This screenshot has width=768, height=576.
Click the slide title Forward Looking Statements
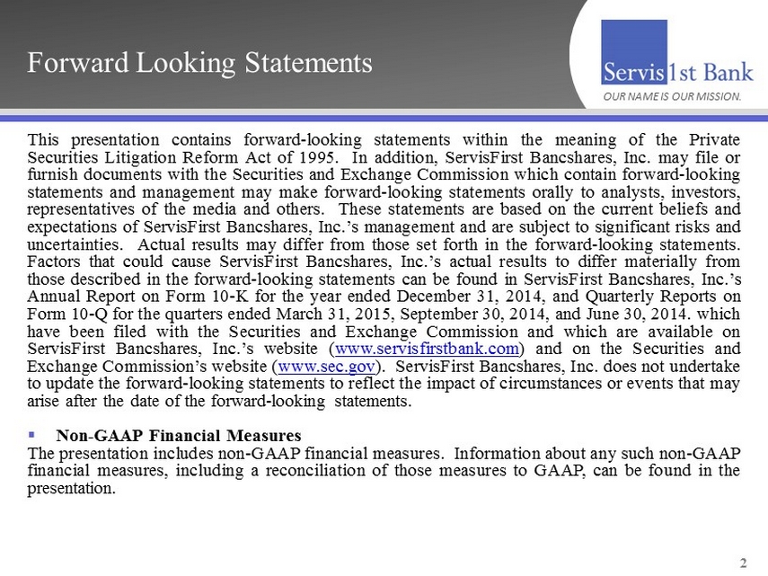coord(199,64)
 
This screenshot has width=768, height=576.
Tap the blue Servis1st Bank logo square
coord(634,51)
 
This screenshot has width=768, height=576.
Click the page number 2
coord(742,563)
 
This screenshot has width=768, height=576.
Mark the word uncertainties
coord(75,244)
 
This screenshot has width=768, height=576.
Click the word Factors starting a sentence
coord(56,261)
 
